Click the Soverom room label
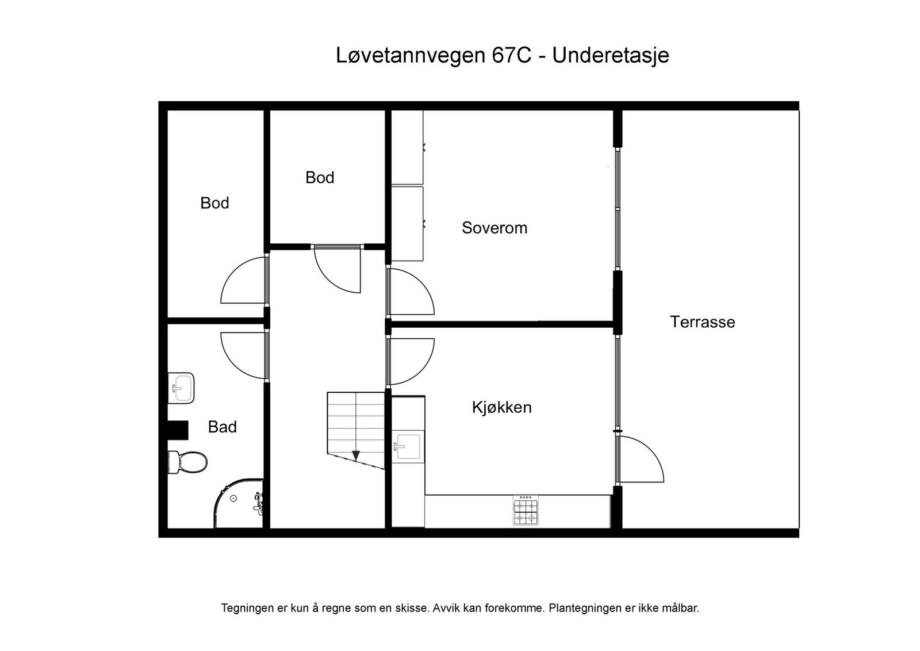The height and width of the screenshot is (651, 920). [494, 228]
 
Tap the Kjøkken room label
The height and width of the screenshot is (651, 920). [501, 408]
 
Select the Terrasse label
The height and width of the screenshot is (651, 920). [702, 322]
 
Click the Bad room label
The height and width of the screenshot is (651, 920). [222, 427]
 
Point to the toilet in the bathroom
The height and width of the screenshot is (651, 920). [187, 462]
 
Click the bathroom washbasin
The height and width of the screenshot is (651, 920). [181, 388]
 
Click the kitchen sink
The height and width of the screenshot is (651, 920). [408, 447]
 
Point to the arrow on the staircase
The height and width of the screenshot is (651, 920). [356, 456]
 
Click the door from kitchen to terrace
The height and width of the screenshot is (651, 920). [639, 459]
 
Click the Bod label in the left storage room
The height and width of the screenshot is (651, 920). [214, 203]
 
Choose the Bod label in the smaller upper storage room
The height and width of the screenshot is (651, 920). [320, 178]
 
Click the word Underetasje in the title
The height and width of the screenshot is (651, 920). [610, 56]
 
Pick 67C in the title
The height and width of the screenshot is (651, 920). [511, 56]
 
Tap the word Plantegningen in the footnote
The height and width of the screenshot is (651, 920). [582, 608]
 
